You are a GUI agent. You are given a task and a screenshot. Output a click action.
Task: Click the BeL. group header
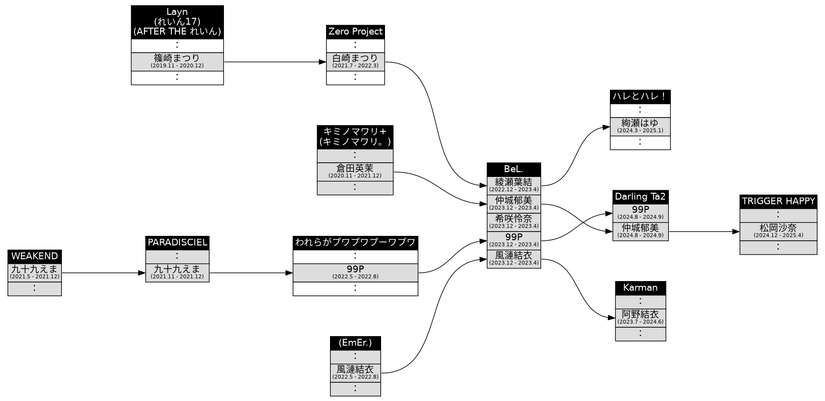tap(514, 170)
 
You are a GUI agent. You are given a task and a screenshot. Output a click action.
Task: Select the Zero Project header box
tap(355, 31)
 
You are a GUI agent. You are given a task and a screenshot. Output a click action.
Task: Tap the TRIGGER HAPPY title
tap(778, 201)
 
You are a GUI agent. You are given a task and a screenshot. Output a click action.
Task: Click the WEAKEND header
tap(34, 256)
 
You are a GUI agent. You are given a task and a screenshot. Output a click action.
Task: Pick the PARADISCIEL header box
tap(177, 242)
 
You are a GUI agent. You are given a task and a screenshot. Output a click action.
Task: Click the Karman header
tap(640, 287)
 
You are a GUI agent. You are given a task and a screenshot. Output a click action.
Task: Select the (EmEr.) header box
tap(355, 343)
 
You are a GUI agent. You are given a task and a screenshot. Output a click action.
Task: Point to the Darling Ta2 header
tap(640, 197)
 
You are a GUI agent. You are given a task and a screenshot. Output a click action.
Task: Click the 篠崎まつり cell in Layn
tap(177, 61)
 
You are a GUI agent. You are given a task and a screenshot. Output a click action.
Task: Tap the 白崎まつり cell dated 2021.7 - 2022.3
tap(355, 61)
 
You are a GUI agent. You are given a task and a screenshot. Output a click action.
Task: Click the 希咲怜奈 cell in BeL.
tap(514, 222)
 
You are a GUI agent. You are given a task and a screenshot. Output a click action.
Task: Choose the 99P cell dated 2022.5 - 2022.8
tap(355, 272)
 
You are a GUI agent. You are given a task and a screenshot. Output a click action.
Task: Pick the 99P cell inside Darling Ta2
tap(640, 213)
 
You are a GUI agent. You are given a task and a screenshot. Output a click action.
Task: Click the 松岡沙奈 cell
tap(778, 231)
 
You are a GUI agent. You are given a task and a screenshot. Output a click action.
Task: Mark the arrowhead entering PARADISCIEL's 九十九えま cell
tap(142, 273)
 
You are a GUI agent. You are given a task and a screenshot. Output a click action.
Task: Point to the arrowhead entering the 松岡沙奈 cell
tap(736, 231)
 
